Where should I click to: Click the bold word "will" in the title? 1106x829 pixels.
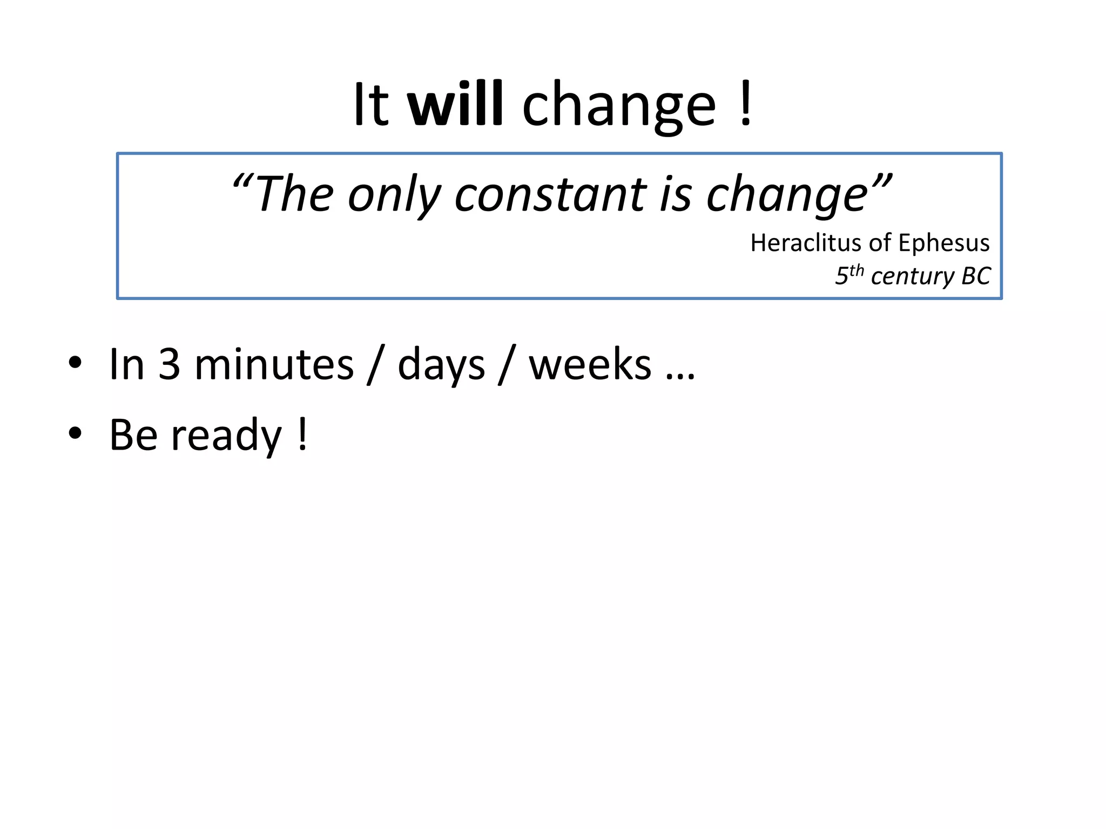pyautogui.click(x=455, y=104)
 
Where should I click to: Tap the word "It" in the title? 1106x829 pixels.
pyautogui.click(x=371, y=104)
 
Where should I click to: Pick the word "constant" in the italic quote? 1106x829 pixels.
pyautogui.click(x=550, y=194)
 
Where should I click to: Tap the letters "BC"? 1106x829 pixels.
pyautogui.click(x=976, y=276)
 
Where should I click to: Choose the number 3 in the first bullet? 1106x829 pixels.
pyautogui.click(x=169, y=365)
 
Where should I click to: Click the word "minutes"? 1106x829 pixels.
pyautogui.click(x=274, y=365)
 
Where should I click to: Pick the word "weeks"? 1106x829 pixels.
pyautogui.click(x=590, y=365)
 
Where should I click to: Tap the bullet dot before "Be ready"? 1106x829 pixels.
pyautogui.click(x=75, y=433)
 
